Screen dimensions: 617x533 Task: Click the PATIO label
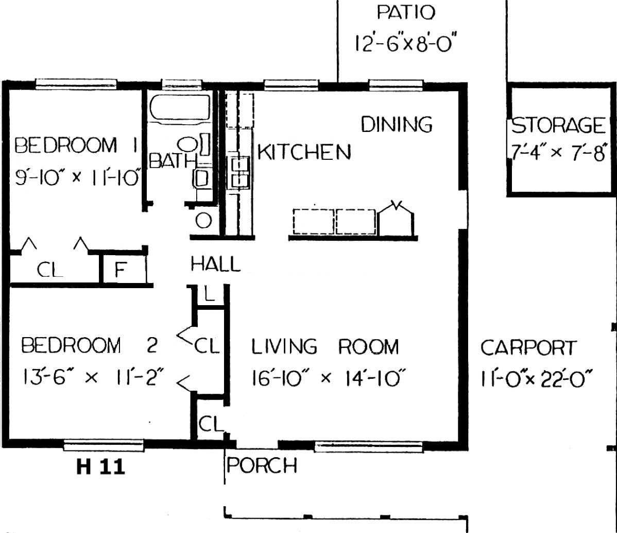tap(406, 12)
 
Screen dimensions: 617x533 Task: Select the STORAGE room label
tap(558, 125)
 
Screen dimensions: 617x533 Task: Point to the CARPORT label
tap(528, 347)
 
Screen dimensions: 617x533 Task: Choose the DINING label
tap(397, 124)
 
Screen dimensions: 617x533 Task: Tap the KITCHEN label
tap(304, 152)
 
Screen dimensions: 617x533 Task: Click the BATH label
tap(173, 161)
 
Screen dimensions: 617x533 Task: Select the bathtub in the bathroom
tap(180, 107)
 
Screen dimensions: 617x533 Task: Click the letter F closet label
tap(121, 270)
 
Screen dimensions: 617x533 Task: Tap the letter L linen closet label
tap(209, 293)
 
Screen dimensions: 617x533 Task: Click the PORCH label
tap(262, 465)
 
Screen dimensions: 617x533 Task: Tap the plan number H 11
tap(101, 467)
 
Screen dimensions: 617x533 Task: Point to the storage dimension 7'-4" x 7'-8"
tap(558, 153)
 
